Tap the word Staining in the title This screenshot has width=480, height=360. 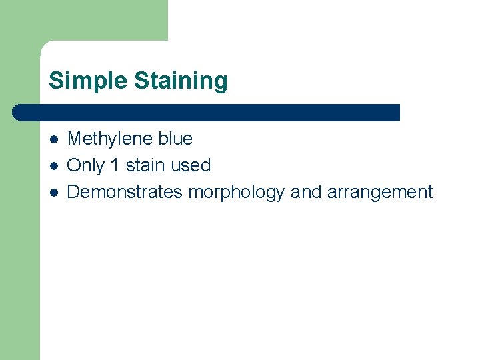[181, 81]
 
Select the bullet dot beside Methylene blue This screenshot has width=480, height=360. [54, 139]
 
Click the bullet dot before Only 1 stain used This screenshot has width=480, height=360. [54, 166]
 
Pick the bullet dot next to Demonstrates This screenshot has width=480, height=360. [54, 193]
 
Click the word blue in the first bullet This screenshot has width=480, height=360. [175, 139]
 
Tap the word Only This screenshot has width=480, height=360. [86, 165]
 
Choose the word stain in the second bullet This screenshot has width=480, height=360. [146, 165]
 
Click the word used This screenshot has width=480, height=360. [191, 165]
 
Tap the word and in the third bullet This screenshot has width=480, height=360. [306, 192]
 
